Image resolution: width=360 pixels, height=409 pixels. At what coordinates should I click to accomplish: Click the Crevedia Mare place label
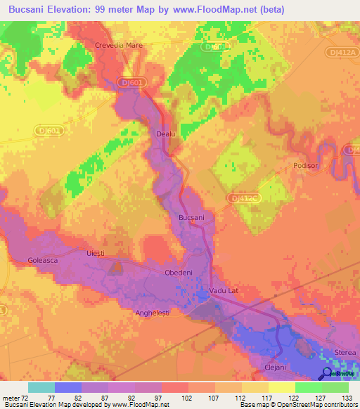119,46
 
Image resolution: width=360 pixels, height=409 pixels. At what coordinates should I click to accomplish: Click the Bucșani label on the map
192,218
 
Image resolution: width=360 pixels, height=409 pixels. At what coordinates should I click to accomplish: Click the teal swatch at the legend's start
41,387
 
